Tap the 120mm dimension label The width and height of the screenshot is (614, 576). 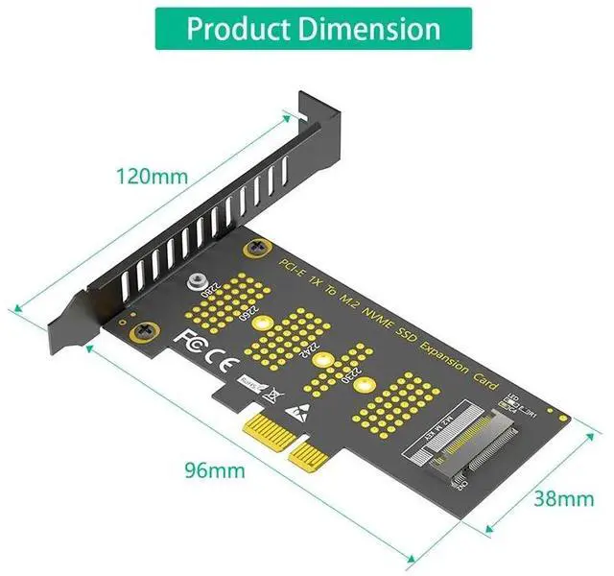(152, 177)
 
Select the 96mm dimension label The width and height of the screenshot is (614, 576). (214, 470)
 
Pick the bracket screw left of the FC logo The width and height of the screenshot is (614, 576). (147, 329)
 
